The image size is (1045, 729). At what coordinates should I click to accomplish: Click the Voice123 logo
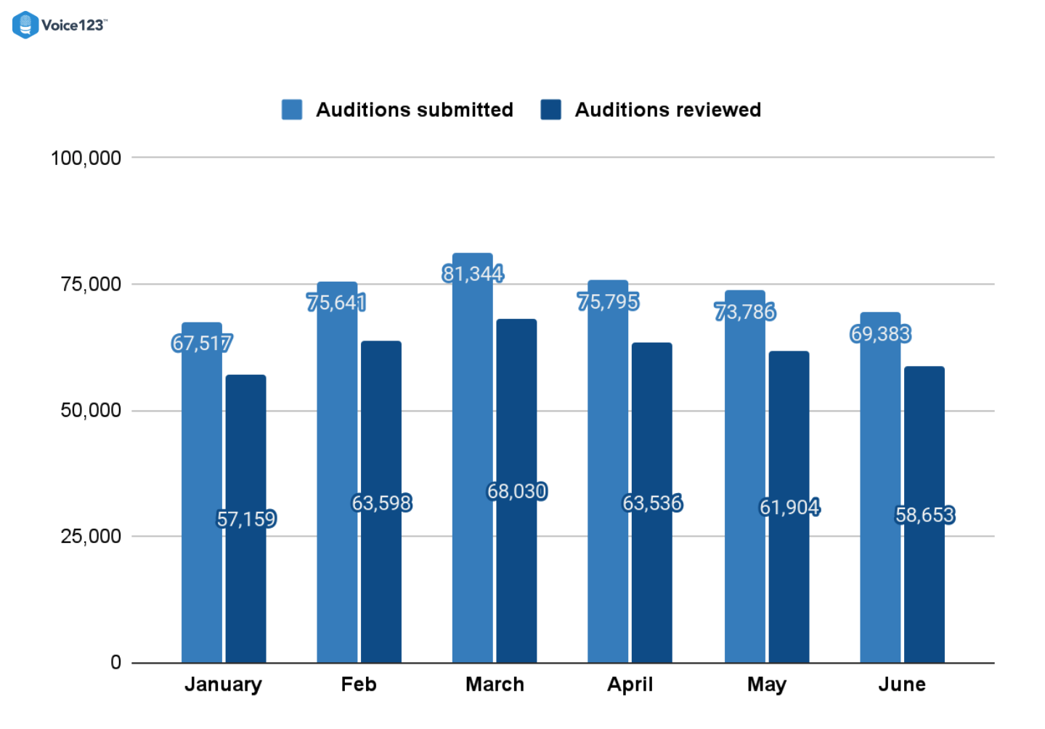point(59,25)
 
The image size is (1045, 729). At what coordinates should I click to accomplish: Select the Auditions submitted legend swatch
point(292,110)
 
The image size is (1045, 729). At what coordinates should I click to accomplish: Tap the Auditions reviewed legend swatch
point(551,110)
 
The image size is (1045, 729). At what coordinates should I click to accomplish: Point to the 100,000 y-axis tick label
point(86,158)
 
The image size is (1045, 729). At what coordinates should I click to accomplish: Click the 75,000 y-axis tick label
point(91,285)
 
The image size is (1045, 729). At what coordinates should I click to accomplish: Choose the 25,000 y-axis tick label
point(91,537)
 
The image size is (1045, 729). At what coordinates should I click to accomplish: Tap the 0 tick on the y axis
point(115,662)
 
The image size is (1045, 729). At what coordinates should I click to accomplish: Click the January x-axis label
point(223,685)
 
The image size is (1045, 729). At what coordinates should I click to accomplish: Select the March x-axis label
point(495,685)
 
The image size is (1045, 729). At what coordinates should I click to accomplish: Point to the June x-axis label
point(902,685)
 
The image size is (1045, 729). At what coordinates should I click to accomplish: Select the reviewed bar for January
point(245,581)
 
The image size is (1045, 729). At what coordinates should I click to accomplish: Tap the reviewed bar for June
point(924,581)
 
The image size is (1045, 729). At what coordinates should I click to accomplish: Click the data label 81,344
point(473,274)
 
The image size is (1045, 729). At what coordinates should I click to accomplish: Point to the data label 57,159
point(246,519)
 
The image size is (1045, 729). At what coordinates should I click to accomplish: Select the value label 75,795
point(609,301)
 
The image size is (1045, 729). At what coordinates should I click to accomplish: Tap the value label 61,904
point(789,507)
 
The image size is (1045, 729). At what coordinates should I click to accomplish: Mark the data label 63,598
point(381,503)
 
